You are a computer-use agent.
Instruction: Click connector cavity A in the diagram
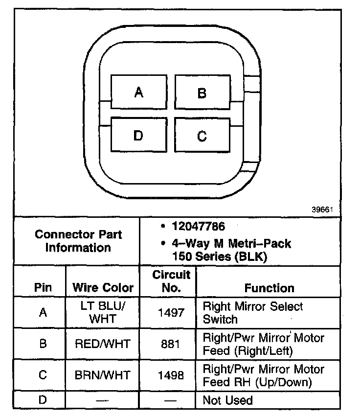pyautogui.click(x=139, y=93)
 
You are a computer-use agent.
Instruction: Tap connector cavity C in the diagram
pyautogui.click(x=202, y=136)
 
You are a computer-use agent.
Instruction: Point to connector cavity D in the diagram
pyautogui.click(x=138, y=135)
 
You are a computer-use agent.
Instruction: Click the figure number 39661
pyautogui.click(x=322, y=209)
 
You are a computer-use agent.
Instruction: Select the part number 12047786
pyautogui.click(x=198, y=227)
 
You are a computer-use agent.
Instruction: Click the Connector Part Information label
pyautogui.click(x=78, y=241)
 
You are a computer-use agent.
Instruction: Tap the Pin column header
pyautogui.click(x=43, y=287)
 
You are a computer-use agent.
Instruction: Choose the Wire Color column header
pyautogui.click(x=103, y=287)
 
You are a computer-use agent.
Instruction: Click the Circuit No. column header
pyautogui.click(x=171, y=281)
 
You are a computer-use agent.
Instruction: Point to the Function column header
pyautogui.click(x=269, y=287)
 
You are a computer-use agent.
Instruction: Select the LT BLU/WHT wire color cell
pyautogui.click(x=103, y=312)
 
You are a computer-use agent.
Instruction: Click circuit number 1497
pyautogui.click(x=171, y=313)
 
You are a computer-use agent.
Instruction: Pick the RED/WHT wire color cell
pyautogui.click(x=103, y=344)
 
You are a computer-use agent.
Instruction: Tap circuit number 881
pyautogui.click(x=171, y=344)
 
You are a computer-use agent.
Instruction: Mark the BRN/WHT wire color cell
pyautogui.click(x=103, y=375)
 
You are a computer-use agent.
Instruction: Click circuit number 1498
pyautogui.click(x=171, y=375)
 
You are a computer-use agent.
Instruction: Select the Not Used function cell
pyautogui.click(x=227, y=400)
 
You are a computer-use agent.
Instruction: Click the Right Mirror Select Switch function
pyautogui.click(x=252, y=313)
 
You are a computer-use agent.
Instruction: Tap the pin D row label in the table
pyautogui.click(x=43, y=400)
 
